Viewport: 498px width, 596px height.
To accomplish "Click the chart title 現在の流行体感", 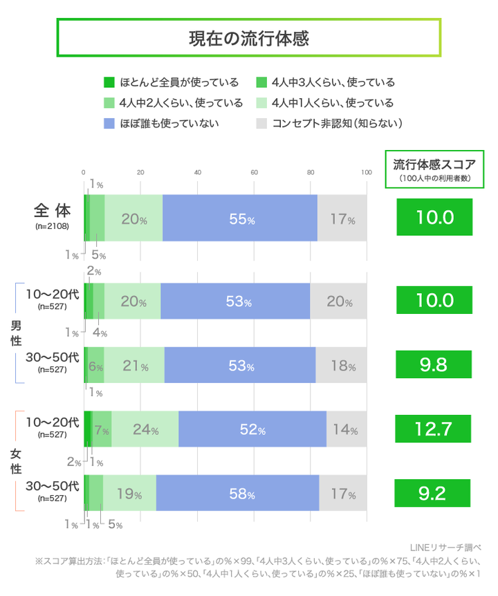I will (248, 38).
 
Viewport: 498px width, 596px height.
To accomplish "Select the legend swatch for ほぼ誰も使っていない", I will (108, 124).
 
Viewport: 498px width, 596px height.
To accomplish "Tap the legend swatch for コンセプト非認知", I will (261, 124).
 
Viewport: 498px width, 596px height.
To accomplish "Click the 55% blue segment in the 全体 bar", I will (240, 219).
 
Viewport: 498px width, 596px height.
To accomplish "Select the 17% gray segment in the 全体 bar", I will (342, 219).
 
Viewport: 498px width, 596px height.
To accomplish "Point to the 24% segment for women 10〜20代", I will (145, 429).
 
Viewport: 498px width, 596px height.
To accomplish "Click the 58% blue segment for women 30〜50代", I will (237, 494).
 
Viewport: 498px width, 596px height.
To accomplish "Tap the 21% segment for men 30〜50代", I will (134, 365).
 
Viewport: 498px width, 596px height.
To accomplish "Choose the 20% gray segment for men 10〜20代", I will (338, 301).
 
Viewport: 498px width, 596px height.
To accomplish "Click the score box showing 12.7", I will (434, 429).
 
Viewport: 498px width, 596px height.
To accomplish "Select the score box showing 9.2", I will (434, 493).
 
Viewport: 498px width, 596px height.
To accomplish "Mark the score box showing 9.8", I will (434, 364).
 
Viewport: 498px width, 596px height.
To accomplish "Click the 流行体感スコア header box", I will (434, 168).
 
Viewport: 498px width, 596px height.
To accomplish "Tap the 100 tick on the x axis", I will (366, 173).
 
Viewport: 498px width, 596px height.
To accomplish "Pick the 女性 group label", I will (15, 461).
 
